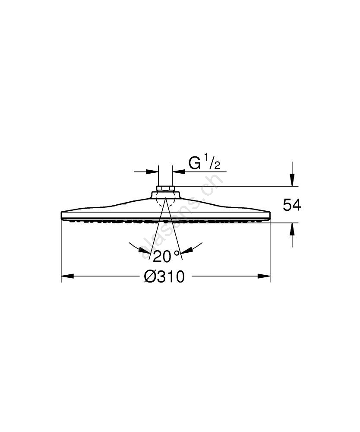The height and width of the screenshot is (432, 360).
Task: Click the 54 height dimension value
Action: (292, 205)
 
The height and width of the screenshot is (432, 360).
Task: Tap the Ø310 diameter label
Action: (164, 276)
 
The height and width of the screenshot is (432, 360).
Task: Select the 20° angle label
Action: (166, 257)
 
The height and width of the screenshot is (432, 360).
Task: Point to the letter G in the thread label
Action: (194, 163)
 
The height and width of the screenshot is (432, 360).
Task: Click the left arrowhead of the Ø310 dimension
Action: (67, 276)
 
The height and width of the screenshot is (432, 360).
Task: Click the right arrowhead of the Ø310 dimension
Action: (264, 276)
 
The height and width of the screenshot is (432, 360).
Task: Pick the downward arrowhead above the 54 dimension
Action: (292, 180)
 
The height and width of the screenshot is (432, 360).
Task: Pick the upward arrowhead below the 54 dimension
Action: (292, 229)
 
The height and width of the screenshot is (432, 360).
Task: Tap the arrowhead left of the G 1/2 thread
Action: (152, 172)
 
